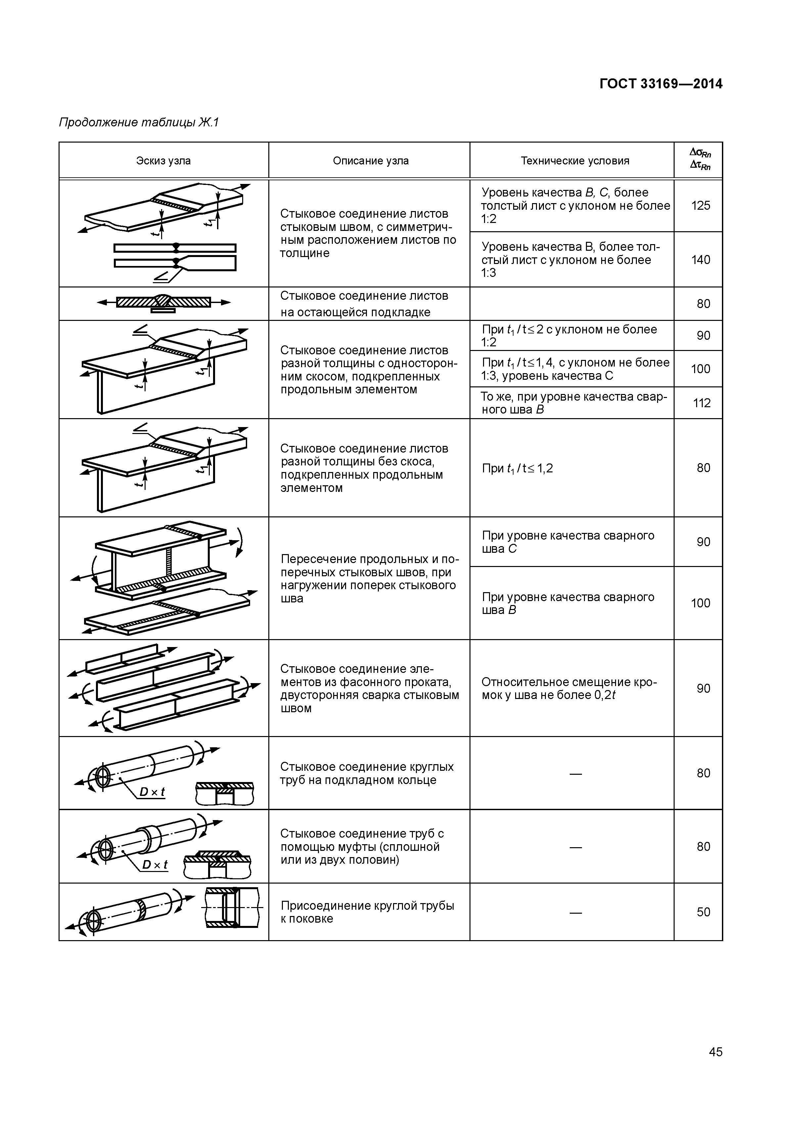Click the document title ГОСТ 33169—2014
661,84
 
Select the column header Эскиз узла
163,161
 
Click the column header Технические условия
575,161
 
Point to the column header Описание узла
371,161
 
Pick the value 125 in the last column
700,206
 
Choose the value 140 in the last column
700,260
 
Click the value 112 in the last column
701,403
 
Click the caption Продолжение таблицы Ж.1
139,122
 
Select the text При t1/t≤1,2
517,468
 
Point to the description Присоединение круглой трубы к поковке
367,912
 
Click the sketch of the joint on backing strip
163,302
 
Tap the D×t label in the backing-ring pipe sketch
152,792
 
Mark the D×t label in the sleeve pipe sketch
155,865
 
